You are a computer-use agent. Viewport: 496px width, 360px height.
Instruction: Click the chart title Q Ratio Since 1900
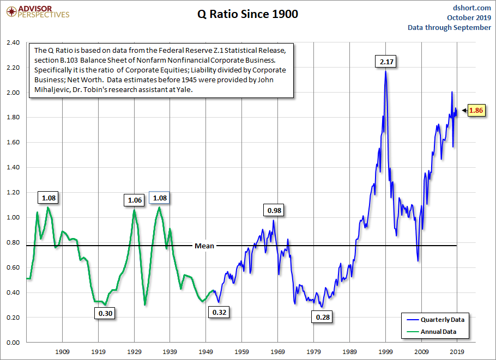[247, 14]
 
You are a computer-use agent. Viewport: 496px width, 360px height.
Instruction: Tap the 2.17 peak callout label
[386, 62]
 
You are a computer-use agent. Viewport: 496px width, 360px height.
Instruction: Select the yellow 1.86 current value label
[475, 111]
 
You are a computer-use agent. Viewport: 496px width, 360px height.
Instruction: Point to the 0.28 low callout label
[323, 317]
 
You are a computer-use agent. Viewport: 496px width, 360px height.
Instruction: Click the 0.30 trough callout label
[106, 314]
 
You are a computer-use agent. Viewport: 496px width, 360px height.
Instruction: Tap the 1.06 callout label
[135, 200]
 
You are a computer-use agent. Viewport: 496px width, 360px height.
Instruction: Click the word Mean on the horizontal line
[204, 246]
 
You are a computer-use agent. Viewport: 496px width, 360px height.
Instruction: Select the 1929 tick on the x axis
[135, 352]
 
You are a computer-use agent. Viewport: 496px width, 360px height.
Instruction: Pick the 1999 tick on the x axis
[386, 352]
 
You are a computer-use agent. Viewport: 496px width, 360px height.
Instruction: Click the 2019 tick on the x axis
[457, 352]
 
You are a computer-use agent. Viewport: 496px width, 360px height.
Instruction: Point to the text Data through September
[449, 27]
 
